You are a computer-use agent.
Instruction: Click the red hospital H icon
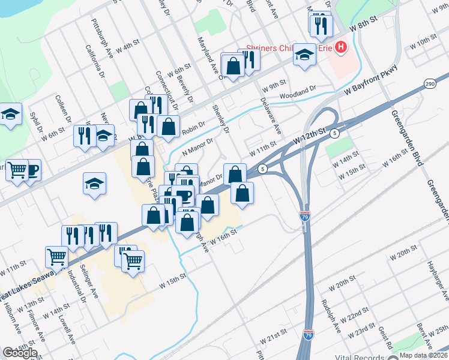tap(341, 47)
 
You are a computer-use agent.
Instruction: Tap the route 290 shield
tap(429, 83)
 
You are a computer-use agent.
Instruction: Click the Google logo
tap(20, 353)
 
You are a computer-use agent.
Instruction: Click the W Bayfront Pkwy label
tap(372, 85)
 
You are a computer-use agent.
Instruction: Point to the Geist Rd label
tap(385, 341)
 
